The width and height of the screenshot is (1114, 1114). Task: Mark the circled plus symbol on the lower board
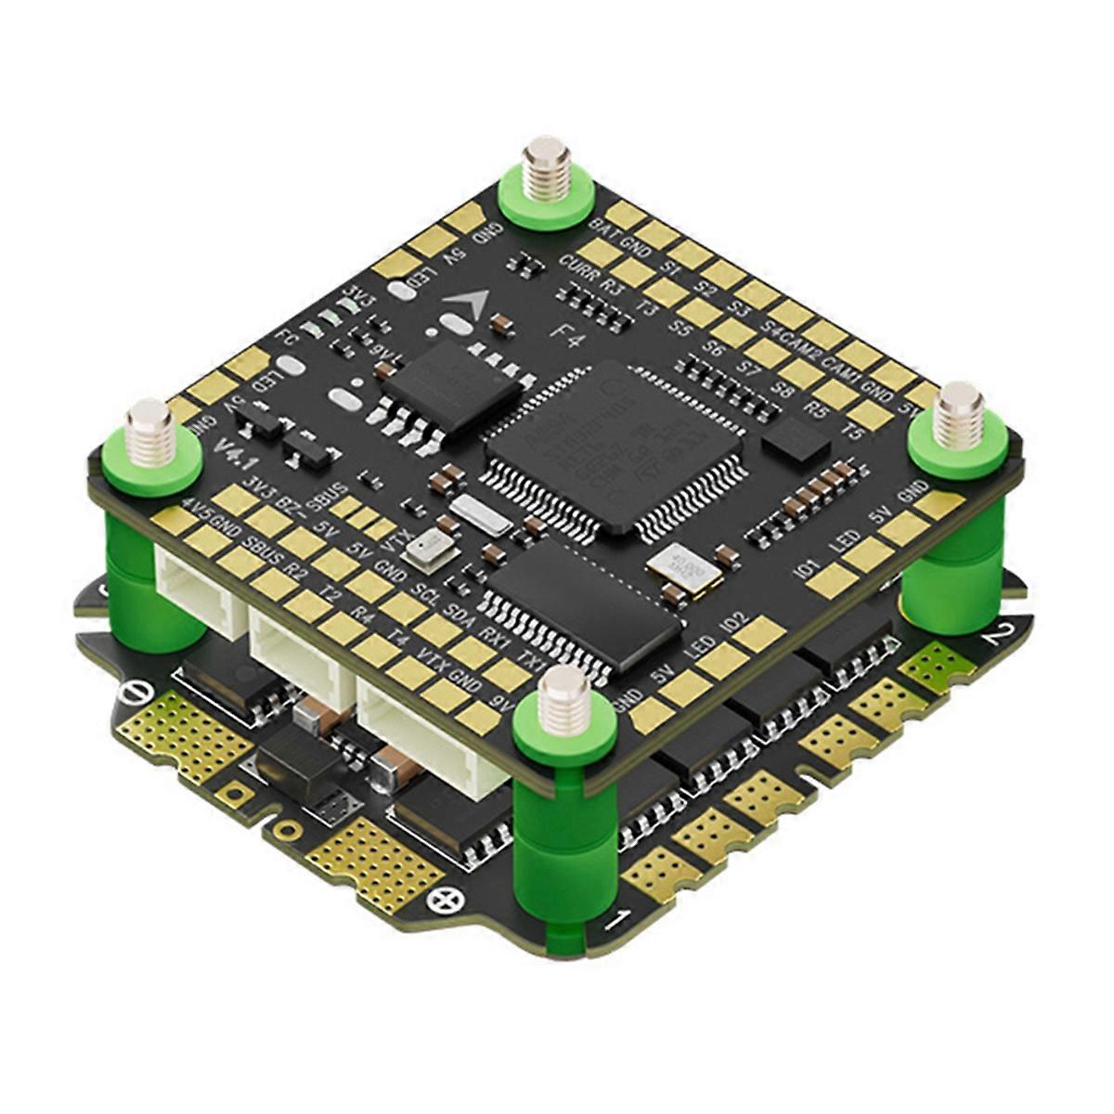coord(453,898)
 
